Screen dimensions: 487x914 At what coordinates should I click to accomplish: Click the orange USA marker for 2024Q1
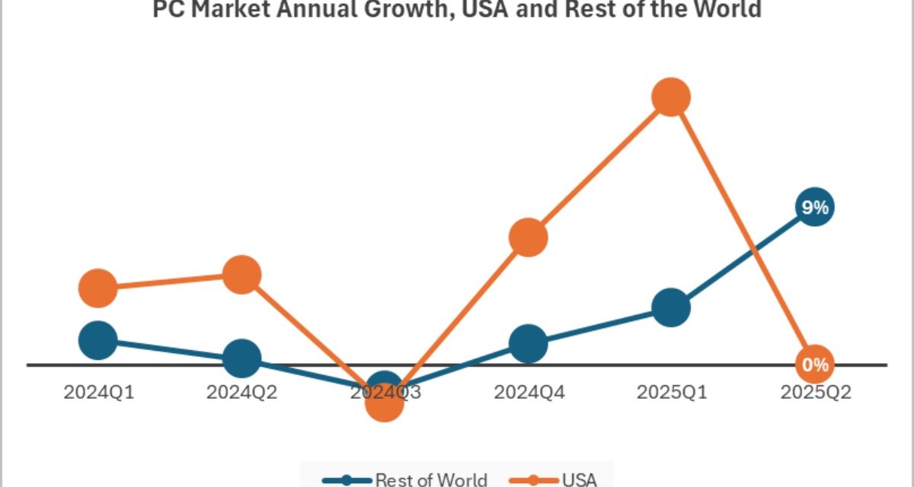coord(97,288)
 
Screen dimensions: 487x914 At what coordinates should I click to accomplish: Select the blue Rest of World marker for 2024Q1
coord(97,339)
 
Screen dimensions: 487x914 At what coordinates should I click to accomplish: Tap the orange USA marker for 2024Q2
coord(241,274)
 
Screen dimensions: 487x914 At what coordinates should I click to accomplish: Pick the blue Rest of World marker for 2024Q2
coord(241,358)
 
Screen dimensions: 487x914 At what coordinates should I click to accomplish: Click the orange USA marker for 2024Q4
coord(528,237)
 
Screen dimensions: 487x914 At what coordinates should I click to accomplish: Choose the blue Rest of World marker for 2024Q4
coord(528,343)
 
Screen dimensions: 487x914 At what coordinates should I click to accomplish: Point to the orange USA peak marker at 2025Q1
coord(671,97)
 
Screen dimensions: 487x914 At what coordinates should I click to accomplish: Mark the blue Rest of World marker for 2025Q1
coord(671,307)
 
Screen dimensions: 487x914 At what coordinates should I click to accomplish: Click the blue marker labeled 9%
coord(814,207)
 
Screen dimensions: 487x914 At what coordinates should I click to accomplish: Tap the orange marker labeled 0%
coord(814,364)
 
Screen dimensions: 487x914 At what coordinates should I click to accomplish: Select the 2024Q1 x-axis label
coord(98,393)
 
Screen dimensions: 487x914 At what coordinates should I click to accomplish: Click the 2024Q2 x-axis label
coord(241,393)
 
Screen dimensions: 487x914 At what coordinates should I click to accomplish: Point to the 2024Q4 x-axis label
coord(528,393)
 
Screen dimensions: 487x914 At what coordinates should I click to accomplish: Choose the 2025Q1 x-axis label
coord(671,393)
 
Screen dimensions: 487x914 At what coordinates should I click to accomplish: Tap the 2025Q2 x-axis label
coord(814,393)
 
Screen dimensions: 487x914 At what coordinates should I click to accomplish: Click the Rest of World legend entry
coord(404,479)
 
